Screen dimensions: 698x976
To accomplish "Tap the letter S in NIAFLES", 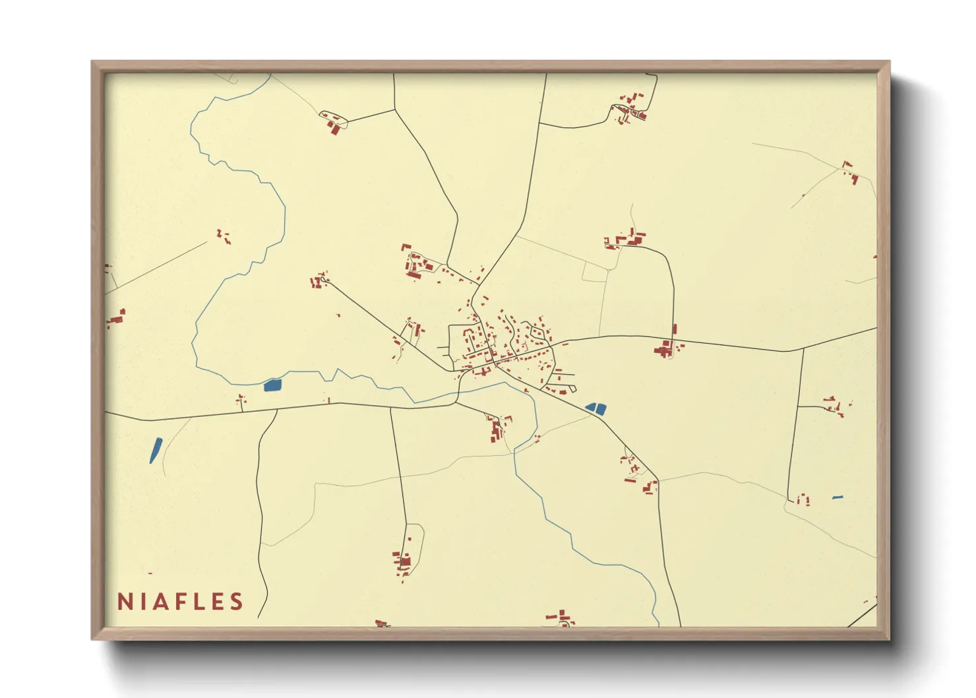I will click(235, 602).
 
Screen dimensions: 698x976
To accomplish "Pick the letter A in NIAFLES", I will click(160, 602).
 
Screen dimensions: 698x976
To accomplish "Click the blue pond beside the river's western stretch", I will click(272, 385).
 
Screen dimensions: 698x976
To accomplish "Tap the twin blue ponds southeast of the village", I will click(596, 408).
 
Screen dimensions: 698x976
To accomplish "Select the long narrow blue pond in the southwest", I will click(156, 450).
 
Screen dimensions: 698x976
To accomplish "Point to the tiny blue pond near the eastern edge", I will click(838, 497).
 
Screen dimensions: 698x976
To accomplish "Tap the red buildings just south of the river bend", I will click(497, 429).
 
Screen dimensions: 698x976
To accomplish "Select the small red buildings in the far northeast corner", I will click(850, 172).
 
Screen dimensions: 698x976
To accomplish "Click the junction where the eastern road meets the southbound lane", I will click(803, 349).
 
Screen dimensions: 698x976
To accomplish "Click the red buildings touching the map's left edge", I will click(115, 319).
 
